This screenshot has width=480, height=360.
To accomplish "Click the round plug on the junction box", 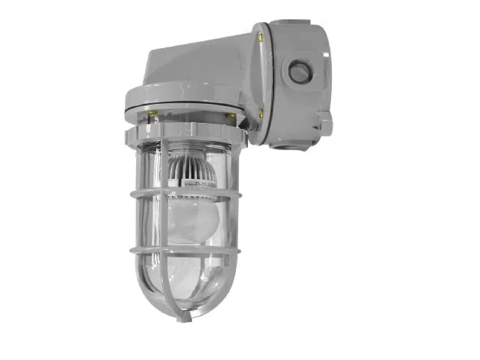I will [x=299, y=73].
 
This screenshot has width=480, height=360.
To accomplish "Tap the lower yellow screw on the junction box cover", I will [x=260, y=112].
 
